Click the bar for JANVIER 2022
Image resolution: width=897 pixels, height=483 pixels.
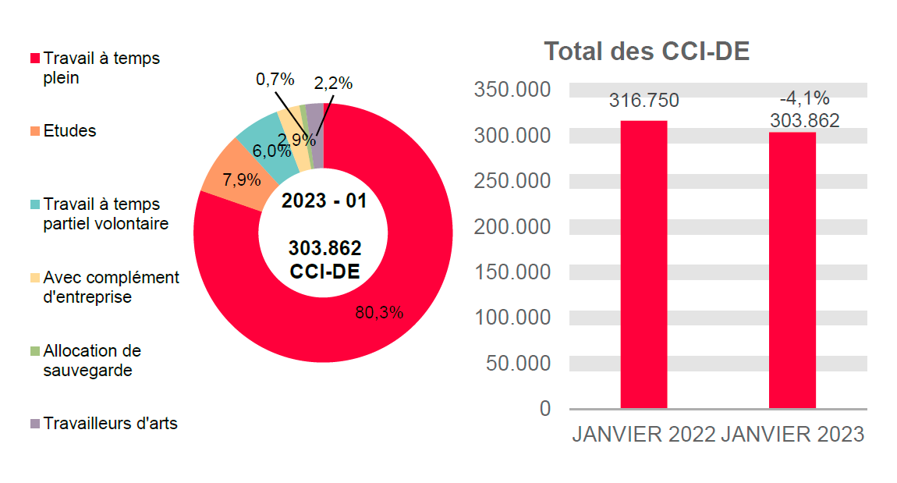point(643,265)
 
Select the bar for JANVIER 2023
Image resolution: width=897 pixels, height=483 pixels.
point(792,271)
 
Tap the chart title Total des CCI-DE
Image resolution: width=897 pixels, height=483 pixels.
point(647,51)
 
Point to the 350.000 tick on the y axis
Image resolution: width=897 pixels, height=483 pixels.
point(512,90)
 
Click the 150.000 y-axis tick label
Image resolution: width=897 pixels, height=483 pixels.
point(512,272)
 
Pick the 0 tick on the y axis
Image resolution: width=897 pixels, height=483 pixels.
point(544,409)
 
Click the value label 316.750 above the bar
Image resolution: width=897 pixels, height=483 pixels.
point(643,101)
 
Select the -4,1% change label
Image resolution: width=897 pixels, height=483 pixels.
point(804,98)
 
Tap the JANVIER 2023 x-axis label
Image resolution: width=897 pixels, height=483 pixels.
point(792,435)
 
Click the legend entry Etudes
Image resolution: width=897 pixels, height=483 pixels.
point(69,131)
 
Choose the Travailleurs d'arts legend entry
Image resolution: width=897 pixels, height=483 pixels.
point(110,424)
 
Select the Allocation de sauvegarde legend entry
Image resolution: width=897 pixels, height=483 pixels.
point(92,360)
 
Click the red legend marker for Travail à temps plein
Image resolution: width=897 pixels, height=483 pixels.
point(34,59)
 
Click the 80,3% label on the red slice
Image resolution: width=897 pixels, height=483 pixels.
point(379,313)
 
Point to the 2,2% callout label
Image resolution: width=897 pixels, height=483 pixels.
point(333,83)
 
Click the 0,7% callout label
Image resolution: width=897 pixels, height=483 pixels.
point(275,79)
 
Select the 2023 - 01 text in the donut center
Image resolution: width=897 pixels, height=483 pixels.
point(324,201)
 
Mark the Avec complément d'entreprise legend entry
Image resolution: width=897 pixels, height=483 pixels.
point(111,287)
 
